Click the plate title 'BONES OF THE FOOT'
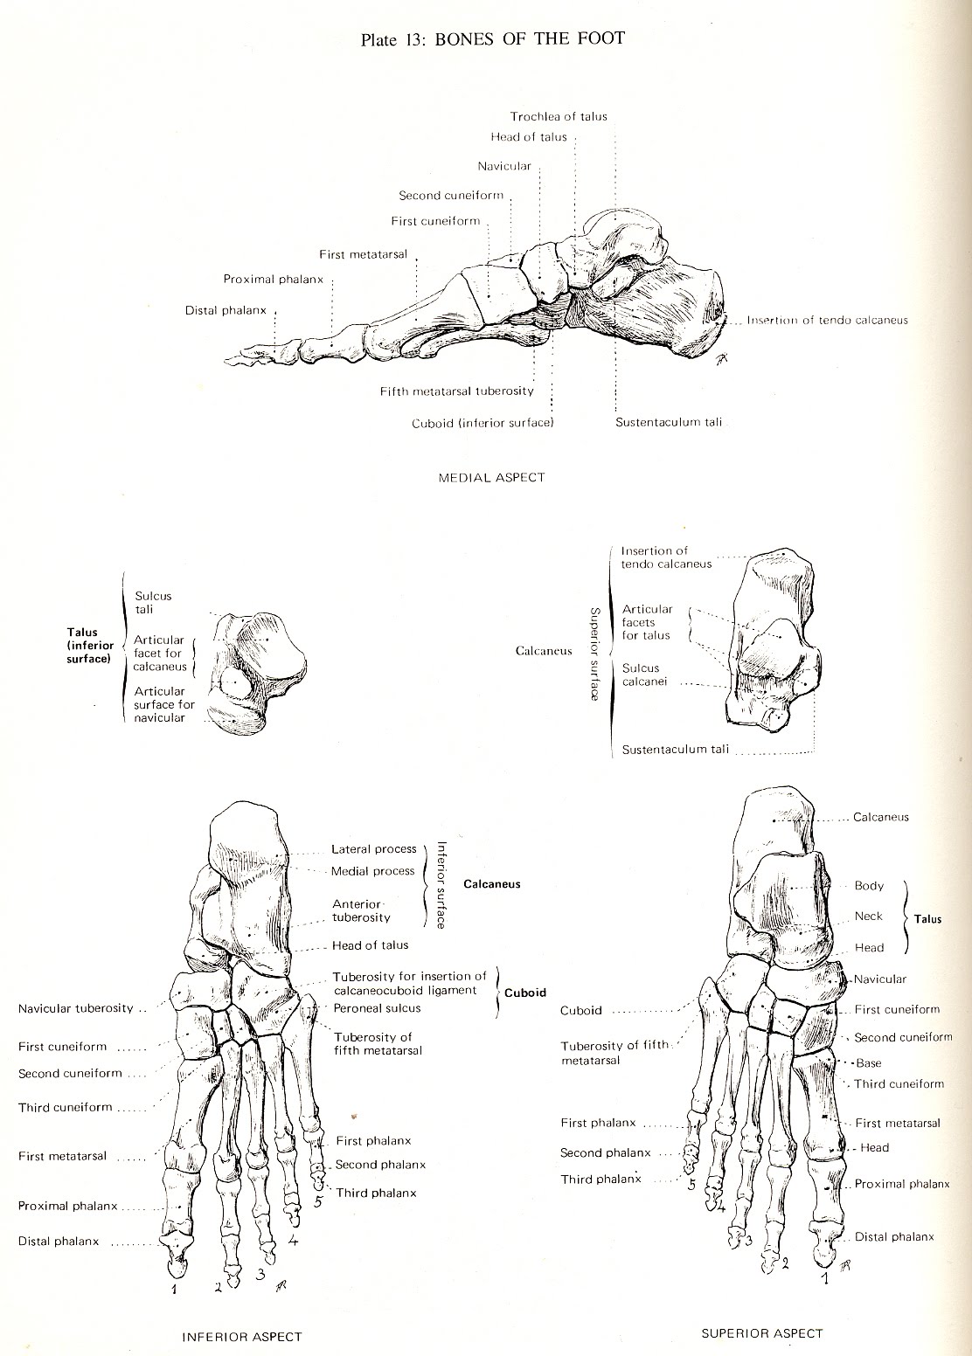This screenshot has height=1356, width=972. pyautogui.click(x=530, y=38)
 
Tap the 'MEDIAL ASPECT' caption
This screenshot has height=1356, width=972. pyautogui.click(x=491, y=477)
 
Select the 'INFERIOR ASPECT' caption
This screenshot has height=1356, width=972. pyautogui.click(x=241, y=1336)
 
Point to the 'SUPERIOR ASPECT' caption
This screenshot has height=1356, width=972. pyautogui.click(x=762, y=1333)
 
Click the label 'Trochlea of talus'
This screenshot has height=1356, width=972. pyautogui.click(x=559, y=116)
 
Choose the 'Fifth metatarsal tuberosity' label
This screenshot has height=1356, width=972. pyautogui.click(x=456, y=391)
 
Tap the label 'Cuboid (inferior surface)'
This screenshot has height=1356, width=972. pyautogui.click(x=483, y=423)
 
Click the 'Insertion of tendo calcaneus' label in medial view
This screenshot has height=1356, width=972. pyautogui.click(x=827, y=320)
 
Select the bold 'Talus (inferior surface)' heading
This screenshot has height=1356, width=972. pyautogui.click(x=88, y=645)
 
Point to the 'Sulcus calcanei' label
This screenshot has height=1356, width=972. pyautogui.click(x=641, y=675)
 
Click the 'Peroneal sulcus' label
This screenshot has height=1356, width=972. pyautogui.click(x=377, y=1008)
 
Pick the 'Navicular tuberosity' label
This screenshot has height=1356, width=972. pyautogui.click(x=76, y=1008)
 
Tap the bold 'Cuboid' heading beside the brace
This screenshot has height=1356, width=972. pyautogui.click(x=524, y=993)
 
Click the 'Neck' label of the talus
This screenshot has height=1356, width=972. pyautogui.click(x=869, y=916)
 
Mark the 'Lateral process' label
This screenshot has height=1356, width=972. pyautogui.click(x=374, y=849)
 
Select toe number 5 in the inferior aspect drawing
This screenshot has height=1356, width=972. pyautogui.click(x=318, y=1201)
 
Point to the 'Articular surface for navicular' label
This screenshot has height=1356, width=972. pyautogui.click(x=163, y=704)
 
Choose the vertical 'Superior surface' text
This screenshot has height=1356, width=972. pyautogui.click(x=594, y=654)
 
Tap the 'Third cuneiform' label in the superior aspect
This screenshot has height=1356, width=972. pyautogui.click(x=899, y=1083)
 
